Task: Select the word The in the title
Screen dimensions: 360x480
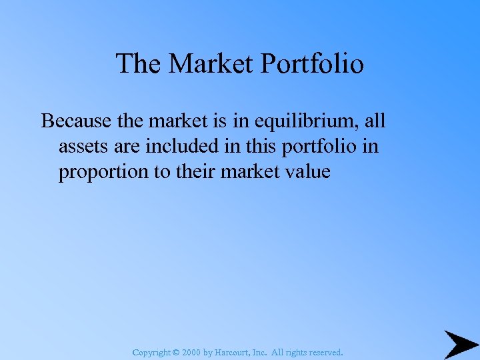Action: [139, 64]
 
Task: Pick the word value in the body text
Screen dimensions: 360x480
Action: [305, 171]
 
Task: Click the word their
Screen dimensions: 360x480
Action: [195, 171]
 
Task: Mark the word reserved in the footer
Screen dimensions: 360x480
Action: [323, 351]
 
